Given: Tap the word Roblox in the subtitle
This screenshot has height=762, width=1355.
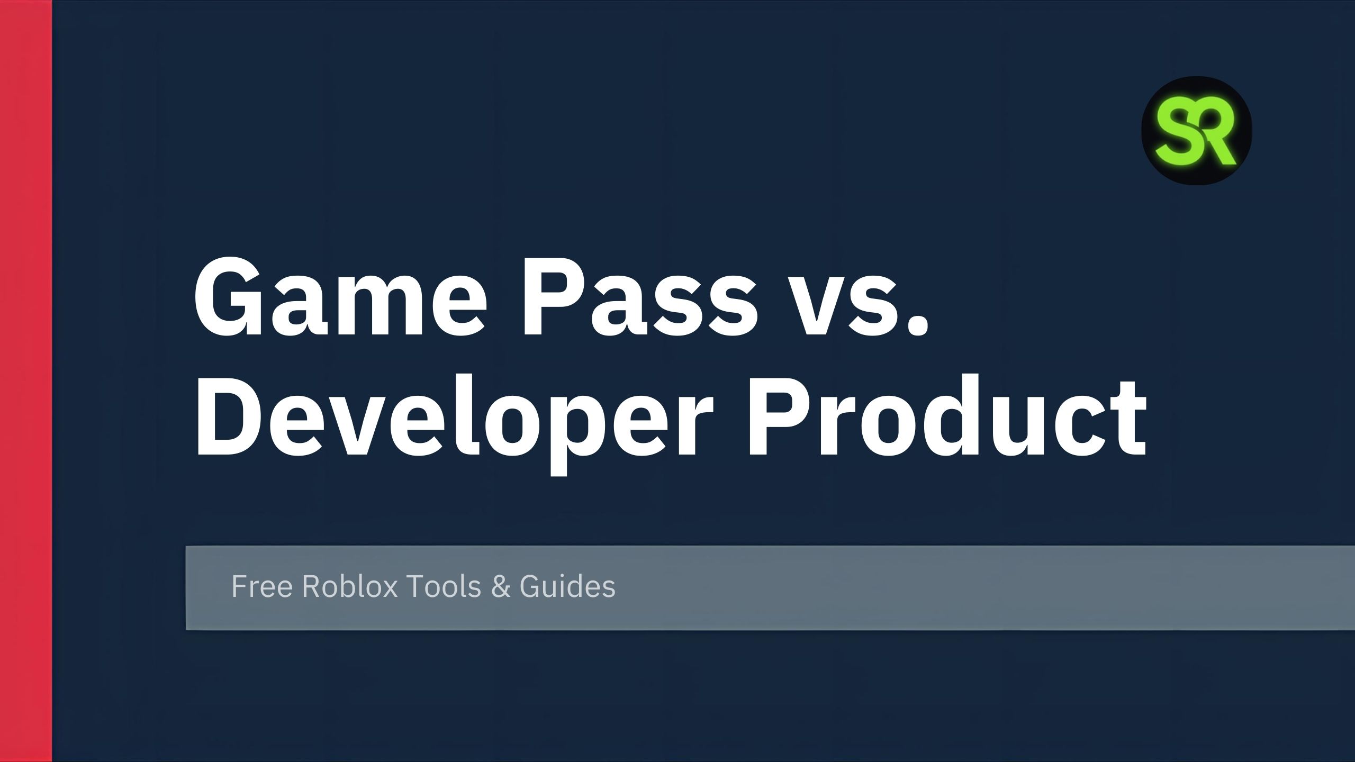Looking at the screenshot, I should point(350,586).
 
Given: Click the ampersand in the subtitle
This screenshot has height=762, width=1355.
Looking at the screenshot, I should point(501,587).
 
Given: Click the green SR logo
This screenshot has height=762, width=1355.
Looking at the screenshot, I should point(1196,131).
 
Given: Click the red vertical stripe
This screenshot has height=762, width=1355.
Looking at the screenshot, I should point(26,381).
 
